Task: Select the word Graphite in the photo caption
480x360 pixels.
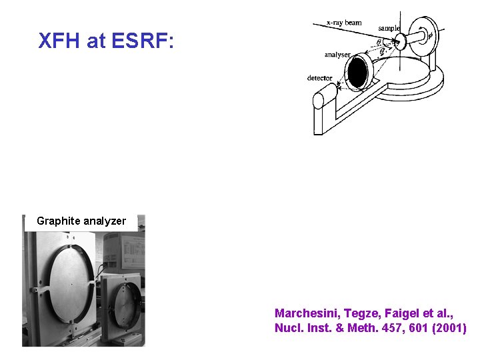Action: (57, 221)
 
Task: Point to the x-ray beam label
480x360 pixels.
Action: (344, 23)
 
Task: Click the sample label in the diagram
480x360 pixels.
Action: (389, 29)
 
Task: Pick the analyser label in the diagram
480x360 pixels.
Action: (338, 55)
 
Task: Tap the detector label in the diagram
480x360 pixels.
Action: (319, 78)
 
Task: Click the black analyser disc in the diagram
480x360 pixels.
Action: (359, 72)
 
